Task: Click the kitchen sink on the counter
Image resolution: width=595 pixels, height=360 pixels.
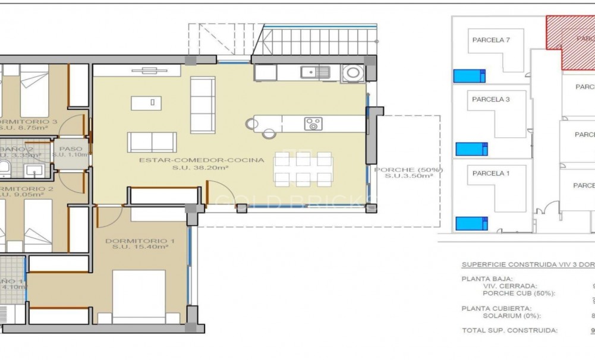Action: coord(315,72)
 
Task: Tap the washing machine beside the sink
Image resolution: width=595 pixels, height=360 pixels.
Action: coord(353,73)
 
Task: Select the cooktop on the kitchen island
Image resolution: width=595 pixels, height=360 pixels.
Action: coord(313,124)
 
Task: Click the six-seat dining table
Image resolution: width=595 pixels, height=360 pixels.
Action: coord(303,169)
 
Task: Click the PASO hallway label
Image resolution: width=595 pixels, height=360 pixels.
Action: coord(71,149)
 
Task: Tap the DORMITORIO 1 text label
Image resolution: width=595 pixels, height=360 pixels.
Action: coord(140,241)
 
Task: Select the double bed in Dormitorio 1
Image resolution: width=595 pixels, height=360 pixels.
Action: coord(138,296)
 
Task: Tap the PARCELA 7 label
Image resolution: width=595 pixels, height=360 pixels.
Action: coord(491,40)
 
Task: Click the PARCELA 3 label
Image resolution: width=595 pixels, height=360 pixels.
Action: coord(491,99)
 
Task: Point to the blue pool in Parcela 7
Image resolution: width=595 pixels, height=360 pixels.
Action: coord(470,75)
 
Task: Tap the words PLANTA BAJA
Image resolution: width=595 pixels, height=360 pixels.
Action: coord(487,278)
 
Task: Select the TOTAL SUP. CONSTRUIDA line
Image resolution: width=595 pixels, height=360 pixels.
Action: coord(509,330)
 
